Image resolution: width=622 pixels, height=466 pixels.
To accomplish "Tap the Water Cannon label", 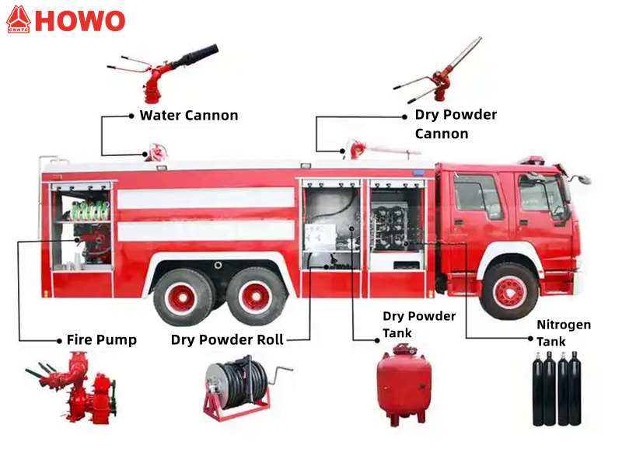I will pyautogui.click(x=189, y=116).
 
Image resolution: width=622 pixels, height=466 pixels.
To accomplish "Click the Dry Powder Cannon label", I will pyautogui.click(x=455, y=123).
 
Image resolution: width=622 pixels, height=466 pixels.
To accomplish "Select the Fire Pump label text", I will pyautogui.click(x=101, y=339).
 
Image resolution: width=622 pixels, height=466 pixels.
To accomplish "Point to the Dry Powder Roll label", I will pyautogui.click(x=227, y=339).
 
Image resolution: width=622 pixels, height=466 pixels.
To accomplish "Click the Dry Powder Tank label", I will pyautogui.click(x=419, y=325).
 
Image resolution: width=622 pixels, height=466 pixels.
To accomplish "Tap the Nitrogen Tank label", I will pyautogui.click(x=564, y=332).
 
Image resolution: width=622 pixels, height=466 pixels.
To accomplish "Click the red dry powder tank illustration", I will pyautogui.click(x=404, y=386).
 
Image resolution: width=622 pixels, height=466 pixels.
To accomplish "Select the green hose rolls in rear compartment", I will pyautogui.click(x=89, y=210).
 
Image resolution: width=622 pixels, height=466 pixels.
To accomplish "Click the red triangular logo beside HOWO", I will pyautogui.click(x=17, y=19).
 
